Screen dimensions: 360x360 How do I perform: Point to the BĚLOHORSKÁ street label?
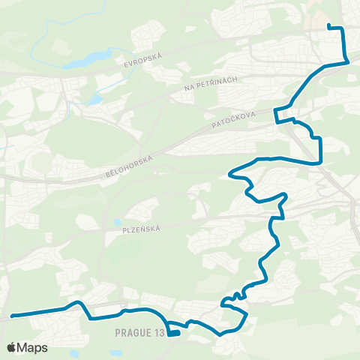[130, 166]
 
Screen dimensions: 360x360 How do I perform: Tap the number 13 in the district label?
[157, 331]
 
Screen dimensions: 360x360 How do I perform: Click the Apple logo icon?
[11, 348]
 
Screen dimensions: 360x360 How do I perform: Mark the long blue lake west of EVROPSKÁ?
[88, 59]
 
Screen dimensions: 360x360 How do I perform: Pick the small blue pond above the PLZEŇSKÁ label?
[117, 221]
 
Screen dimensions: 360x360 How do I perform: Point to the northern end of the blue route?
[329, 27]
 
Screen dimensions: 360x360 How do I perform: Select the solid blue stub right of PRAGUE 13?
[174, 334]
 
